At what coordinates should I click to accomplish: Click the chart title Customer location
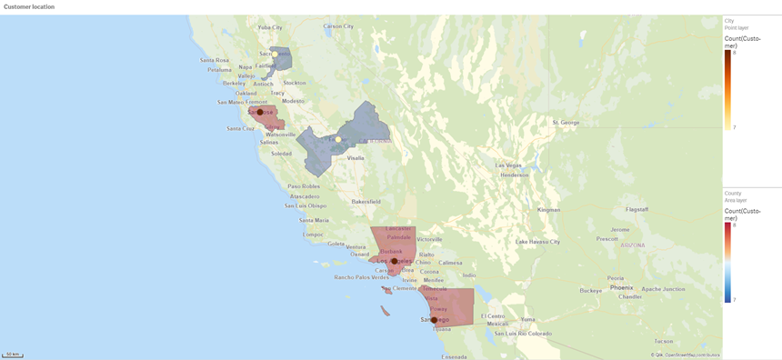click(29, 6)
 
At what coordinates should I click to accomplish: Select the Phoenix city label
click(621, 287)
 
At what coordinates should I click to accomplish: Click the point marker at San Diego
click(435, 320)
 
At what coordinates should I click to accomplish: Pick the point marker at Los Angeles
click(395, 261)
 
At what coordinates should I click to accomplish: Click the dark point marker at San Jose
click(260, 112)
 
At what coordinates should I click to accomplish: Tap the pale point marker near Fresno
click(337, 139)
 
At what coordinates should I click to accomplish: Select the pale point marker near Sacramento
click(275, 55)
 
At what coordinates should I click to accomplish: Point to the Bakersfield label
click(366, 201)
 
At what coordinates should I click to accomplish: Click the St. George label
click(566, 122)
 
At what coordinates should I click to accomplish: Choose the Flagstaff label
click(637, 209)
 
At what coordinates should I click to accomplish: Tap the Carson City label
click(338, 26)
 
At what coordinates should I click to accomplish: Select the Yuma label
click(528, 320)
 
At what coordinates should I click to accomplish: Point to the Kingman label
click(548, 209)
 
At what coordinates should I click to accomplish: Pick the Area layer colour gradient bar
click(727, 262)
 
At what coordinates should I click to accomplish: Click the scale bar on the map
click(13, 355)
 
